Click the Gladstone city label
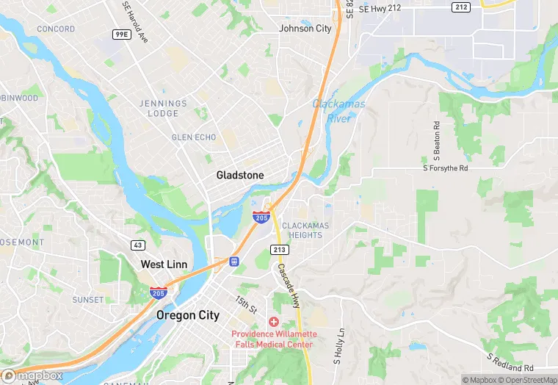[x=240, y=175]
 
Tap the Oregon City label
[x=188, y=314]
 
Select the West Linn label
[x=164, y=264]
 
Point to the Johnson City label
[x=305, y=29]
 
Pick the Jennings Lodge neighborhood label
[x=159, y=109]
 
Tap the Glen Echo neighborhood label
[x=192, y=137]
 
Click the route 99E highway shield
[x=121, y=35]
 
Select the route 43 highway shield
[x=139, y=245]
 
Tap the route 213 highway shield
[x=279, y=250]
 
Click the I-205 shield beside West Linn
[x=157, y=292]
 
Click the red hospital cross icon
[x=273, y=322]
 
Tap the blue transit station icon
[x=234, y=260]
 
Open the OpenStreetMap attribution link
[x=526, y=380]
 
